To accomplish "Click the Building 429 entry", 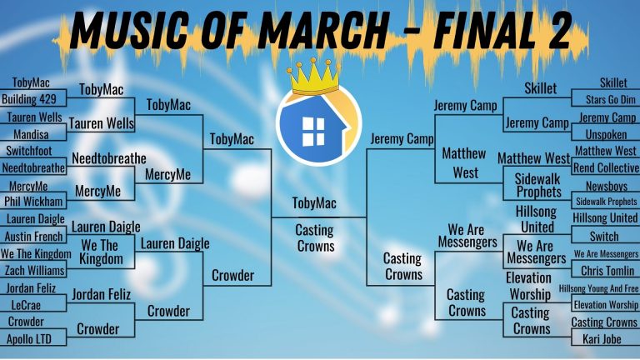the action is (29, 99).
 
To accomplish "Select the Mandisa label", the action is (31, 134).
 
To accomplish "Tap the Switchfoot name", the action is (29, 151).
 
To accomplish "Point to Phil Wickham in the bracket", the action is (33, 201).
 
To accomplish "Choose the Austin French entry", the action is (34, 237).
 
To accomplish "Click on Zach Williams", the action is (35, 270).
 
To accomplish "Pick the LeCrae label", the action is (26, 305).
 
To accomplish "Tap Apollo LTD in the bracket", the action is (29, 339).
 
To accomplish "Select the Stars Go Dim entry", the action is (611, 100).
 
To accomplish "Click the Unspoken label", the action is (606, 135).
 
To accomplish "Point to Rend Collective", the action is (606, 167).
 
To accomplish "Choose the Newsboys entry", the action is (607, 186).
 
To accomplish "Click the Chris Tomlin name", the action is (607, 271).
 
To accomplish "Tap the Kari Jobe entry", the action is (602, 339).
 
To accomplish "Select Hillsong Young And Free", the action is (598, 289).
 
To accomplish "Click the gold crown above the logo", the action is (313, 77).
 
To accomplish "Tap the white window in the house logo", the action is (313, 131).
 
